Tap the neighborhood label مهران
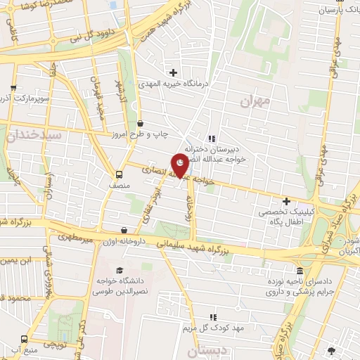[x=254, y=103]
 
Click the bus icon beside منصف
[x=118, y=174]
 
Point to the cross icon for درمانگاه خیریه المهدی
[x=173, y=72]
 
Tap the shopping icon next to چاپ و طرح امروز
[x=140, y=123]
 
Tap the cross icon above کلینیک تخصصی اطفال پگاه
[x=285, y=202]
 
